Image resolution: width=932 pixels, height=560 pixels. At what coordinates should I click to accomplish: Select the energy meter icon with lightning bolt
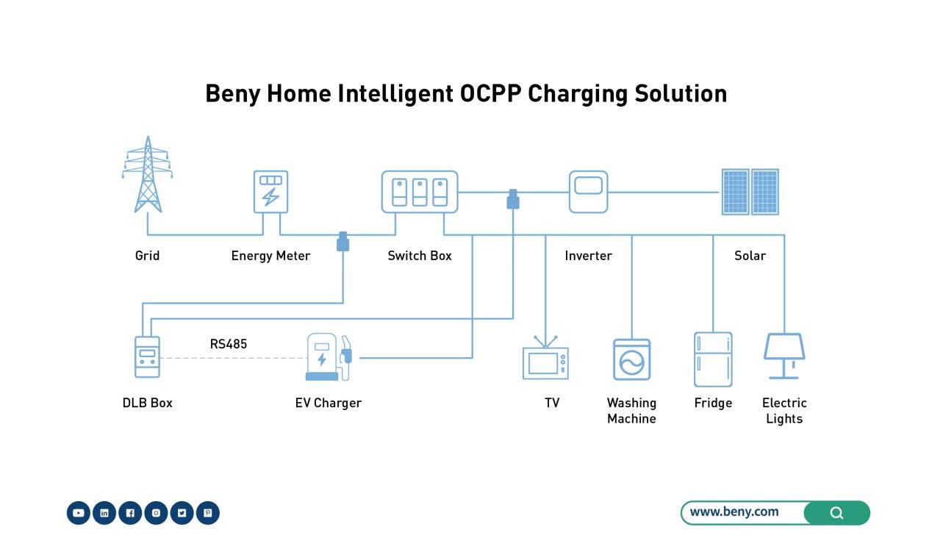point(270,192)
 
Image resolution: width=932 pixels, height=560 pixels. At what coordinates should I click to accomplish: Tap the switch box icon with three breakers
point(420,192)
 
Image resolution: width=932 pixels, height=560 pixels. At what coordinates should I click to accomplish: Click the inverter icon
point(588,192)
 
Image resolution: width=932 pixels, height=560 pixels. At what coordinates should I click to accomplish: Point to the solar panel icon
point(750,192)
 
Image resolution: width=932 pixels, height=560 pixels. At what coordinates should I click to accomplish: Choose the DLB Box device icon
point(147,357)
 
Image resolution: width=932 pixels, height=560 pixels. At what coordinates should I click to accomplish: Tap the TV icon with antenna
point(545,360)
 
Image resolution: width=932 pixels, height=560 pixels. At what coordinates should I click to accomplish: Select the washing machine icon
point(631,359)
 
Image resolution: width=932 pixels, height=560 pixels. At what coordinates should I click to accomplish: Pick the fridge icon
point(713,359)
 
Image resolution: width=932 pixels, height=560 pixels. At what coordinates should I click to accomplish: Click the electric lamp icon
point(784,356)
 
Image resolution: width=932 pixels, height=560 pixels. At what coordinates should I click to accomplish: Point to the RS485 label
point(229,344)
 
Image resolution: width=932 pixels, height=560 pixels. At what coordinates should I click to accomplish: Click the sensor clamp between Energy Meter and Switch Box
point(343,242)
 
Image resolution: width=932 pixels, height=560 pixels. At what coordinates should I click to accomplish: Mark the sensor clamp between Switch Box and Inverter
point(513,199)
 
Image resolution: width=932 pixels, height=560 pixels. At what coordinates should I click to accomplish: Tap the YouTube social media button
point(79,513)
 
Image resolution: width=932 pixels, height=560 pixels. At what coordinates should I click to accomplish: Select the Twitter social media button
point(182,513)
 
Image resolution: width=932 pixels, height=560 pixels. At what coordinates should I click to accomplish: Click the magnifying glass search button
point(836,513)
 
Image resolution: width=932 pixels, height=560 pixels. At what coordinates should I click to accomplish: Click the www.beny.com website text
point(734,512)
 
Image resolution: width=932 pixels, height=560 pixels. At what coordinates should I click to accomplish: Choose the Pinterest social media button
point(207,513)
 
